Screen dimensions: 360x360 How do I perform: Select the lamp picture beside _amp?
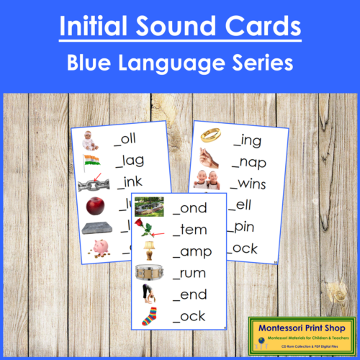click(150, 252)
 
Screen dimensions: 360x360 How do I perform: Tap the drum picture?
click(149, 274)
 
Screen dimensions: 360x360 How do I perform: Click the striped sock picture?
click(148, 316)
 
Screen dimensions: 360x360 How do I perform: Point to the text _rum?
click(189, 274)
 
